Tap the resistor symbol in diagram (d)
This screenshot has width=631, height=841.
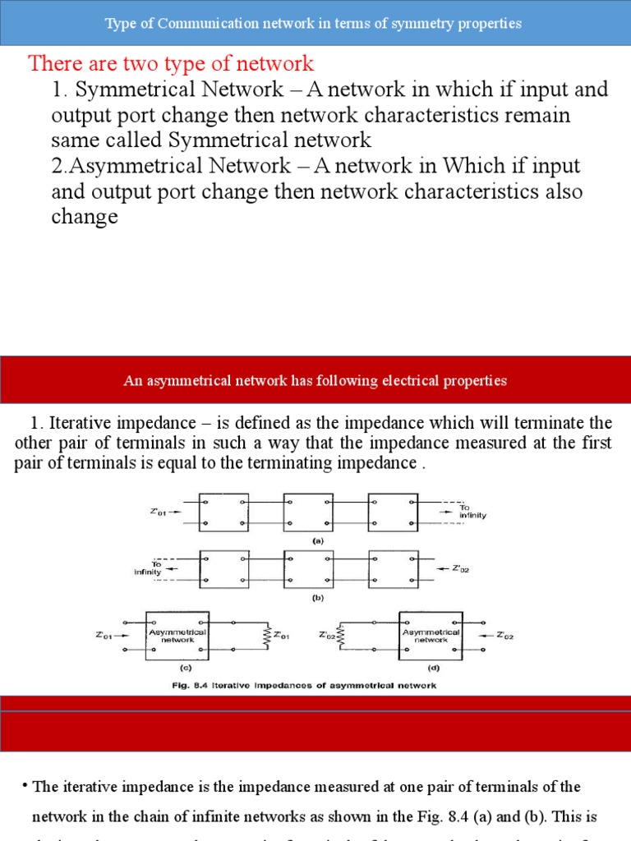340,635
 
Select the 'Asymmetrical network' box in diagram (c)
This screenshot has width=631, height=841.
177,635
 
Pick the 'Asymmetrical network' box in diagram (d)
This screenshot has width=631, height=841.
430,635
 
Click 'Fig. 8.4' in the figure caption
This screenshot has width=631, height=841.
204,685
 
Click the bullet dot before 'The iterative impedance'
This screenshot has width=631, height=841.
25,786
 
